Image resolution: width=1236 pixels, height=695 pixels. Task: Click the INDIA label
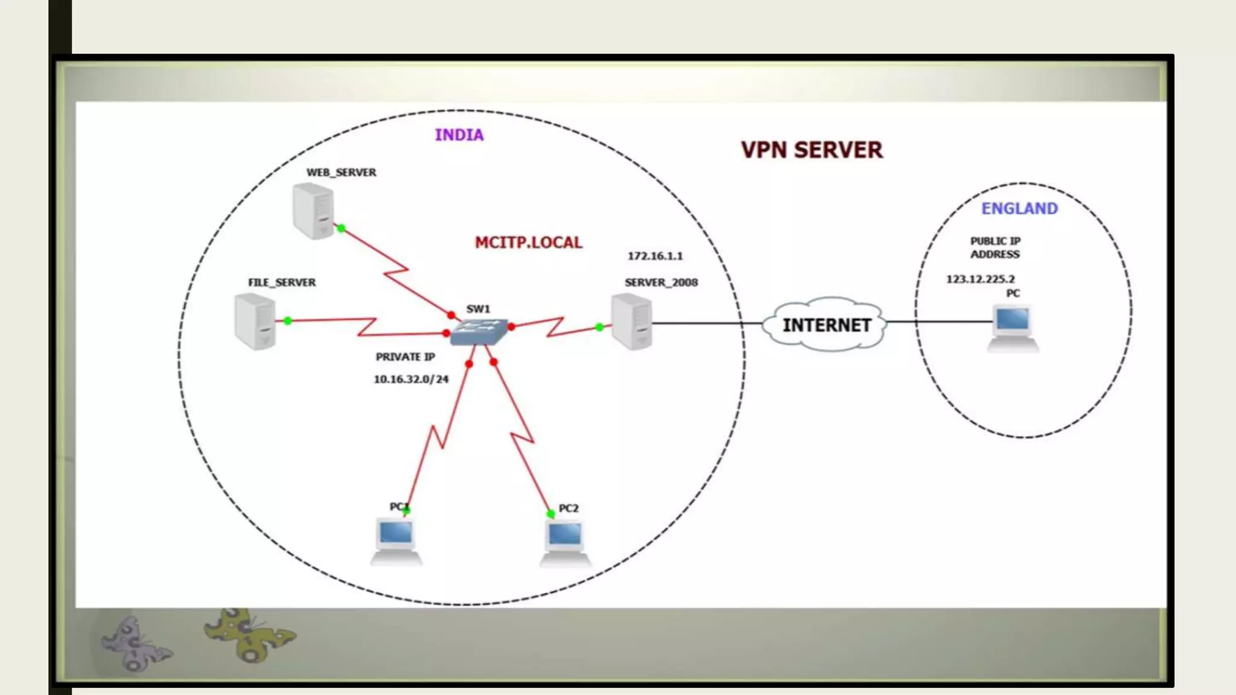point(459,135)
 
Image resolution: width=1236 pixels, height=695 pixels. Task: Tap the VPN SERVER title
point(811,150)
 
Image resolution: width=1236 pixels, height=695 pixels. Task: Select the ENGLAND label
point(1019,208)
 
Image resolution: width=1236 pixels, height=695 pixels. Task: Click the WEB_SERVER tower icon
point(313,211)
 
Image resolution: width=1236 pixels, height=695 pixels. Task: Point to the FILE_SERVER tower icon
point(255,321)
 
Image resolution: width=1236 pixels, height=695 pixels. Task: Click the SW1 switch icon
point(479,331)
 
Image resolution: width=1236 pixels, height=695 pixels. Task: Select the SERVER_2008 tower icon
point(631,321)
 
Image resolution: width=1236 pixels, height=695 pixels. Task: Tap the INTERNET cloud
point(826,325)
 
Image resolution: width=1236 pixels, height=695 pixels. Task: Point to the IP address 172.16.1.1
point(655,256)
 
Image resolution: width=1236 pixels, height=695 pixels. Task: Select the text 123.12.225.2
point(980,279)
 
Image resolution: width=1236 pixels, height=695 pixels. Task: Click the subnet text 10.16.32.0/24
point(411,379)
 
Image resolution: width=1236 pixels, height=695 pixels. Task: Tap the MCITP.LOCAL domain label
point(528,243)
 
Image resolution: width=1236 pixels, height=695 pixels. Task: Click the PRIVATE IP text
point(405,357)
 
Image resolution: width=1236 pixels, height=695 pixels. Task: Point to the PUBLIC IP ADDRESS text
point(995,247)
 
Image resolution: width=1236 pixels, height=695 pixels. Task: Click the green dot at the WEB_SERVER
point(341,228)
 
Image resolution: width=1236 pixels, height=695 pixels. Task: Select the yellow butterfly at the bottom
point(249,635)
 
